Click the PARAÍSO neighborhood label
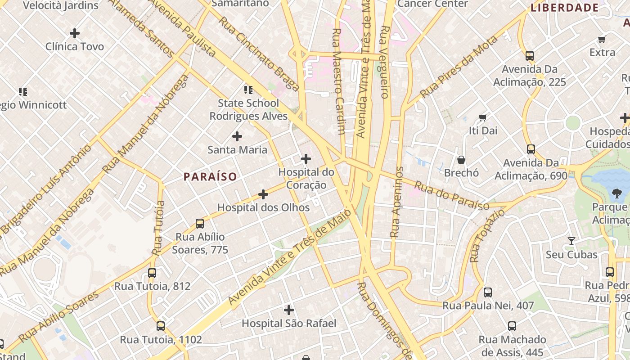pos(210,176)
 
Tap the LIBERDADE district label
pos(564,8)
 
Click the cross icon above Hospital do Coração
pos(306,158)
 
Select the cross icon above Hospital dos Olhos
pos(263,194)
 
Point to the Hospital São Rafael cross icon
pos(289,310)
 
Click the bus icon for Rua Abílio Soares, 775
pos(200,223)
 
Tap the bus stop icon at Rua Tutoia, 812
pos(152,273)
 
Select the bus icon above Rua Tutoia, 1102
pos(161,326)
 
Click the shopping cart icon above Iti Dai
pos(483,118)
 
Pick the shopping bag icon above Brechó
pos(461,160)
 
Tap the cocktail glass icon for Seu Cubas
pos(571,241)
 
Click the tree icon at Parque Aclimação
pos(616,193)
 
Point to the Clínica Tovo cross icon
pos(75,33)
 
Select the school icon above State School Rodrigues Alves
pos(248,90)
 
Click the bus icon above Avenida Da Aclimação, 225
pos(530,56)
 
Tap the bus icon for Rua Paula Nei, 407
pos(488,292)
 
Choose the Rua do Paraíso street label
pos(451,195)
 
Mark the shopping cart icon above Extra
pos(602,40)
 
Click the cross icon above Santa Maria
pos(237,136)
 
